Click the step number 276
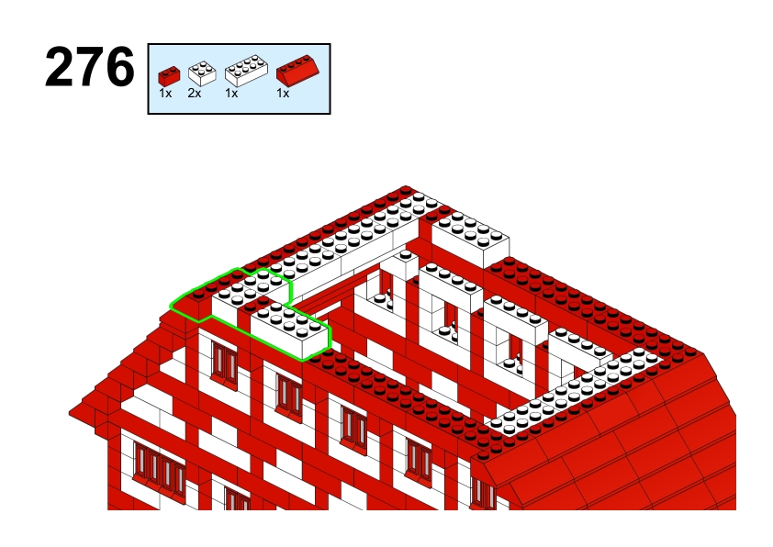pyautogui.click(x=90, y=67)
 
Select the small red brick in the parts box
pyautogui.click(x=169, y=76)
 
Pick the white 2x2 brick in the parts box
pyautogui.click(x=202, y=73)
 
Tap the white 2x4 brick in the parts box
pyautogui.click(x=246, y=70)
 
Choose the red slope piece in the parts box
pyautogui.click(x=297, y=69)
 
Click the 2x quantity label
pyautogui.click(x=195, y=93)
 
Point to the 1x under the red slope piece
pyautogui.click(x=283, y=93)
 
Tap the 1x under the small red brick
pyautogui.click(x=165, y=93)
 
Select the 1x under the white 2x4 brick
pyautogui.click(x=231, y=93)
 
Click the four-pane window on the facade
pyautogui.click(x=159, y=465)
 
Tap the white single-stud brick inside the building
pyautogui.click(x=406, y=263)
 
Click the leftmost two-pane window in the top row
pyautogui.click(x=224, y=363)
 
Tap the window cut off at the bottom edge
pyautogui.click(x=238, y=498)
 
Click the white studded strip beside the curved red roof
pyautogui.click(x=575, y=392)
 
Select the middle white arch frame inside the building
pyautogui.click(x=451, y=306)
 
